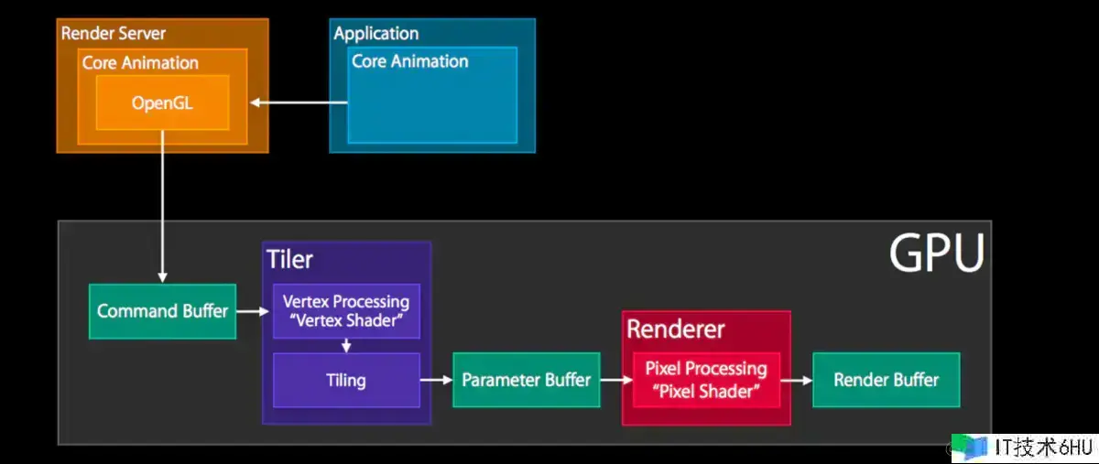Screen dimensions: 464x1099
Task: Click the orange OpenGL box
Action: pyautogui.click(x=162, y=103)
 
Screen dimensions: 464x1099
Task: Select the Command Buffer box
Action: pyautogui.click(x=162, y=311)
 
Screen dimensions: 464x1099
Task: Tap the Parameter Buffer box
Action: pyautogui.click(x=526, y=379)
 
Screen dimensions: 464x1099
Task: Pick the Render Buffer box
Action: pyautogui.click(x=886, y=379)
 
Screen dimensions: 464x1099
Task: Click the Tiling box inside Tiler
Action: pyautogui.click(x=345, y=380)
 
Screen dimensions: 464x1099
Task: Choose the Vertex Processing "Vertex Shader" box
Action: pyautogui.click(x=345, y=311)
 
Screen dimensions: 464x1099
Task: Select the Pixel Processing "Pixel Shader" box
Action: pyautogui.click(x=705, y=379)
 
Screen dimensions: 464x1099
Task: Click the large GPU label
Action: pyautogui.click(x=936, y=253)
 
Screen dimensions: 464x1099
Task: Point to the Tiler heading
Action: pyautogui.click(x=289, y=259)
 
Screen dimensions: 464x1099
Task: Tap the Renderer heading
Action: pyautogui.click(x=675, y=329)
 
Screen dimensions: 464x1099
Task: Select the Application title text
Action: pyautogui.click(x=375, y=34)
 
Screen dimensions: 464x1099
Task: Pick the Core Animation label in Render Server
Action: pyautogui.click(x=140, y=62)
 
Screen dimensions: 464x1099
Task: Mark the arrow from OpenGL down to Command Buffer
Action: pyautogui.click(x=162, y=206)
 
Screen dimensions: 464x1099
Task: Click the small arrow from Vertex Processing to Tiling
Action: pyautogui.click(x=346, y=346)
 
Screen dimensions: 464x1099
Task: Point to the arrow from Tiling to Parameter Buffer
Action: pyautogui.click(x=436, y=379)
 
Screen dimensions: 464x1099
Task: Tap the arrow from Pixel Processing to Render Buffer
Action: pyautogui.click(x=796, y=379)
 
